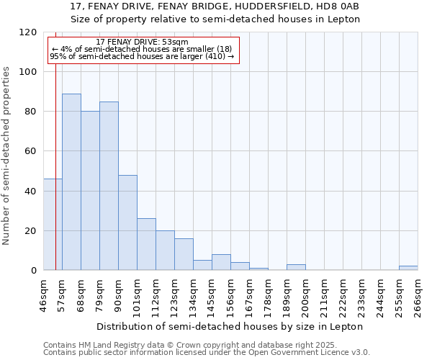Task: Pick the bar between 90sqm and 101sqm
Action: pyautogui.click(x=127, y=222)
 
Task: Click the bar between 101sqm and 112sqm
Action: pyautogui.click(x=146, y=244)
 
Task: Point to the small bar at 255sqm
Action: pyautogui.click(x=408, y=268)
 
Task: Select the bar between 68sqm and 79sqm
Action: pyautogui.click(x=90, y=190)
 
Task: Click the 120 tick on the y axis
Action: pyautogui.click(x=28, y=32)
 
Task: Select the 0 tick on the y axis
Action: pyautogui.click(x=33, y=271)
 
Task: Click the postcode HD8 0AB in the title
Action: pyautogui.click(x=338, y=6)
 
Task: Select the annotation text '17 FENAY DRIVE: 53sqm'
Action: pyautogui.click(x=142, y=42)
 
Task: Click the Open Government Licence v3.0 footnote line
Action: pyautogui.click(x=207, y=353)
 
